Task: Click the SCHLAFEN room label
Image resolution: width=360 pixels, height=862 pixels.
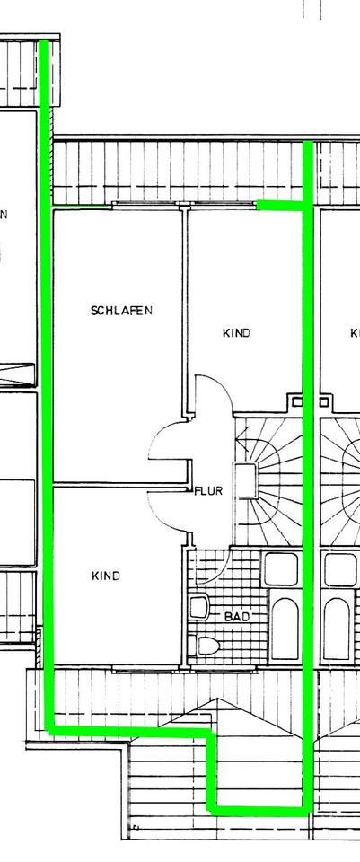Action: [x=121, y=311]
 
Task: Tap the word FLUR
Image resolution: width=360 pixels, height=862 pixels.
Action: [x=209, y=491]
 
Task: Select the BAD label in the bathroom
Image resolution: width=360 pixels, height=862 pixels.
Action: [x=237, y=617]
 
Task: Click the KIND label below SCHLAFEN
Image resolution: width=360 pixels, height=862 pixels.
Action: [x=106, y=576]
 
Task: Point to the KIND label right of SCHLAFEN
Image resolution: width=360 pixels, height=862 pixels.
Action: [x=236, y=332]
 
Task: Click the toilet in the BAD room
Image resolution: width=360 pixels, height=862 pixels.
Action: [x=205, y=646]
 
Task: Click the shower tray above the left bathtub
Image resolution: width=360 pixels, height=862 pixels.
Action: [x=281, y=569]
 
